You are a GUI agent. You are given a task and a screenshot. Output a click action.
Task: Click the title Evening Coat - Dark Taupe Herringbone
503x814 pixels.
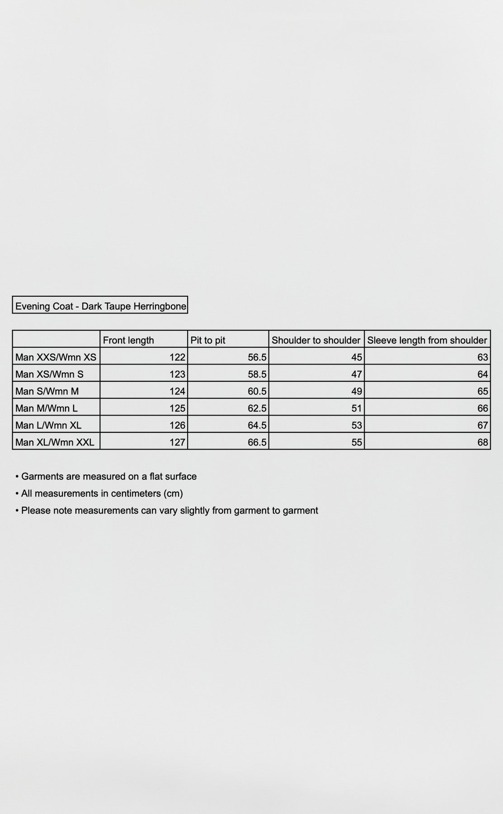pos(100,306)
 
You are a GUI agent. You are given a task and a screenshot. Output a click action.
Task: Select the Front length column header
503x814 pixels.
pos(128,340)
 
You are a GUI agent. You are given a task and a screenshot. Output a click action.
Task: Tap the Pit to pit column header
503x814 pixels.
pos(208,340)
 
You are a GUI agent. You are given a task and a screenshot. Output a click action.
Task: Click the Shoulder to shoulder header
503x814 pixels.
pos(316,340)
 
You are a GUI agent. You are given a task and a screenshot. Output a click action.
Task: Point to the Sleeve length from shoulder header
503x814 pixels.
pos(427,340)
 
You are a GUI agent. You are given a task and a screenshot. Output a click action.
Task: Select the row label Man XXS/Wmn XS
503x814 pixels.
pos(56,357)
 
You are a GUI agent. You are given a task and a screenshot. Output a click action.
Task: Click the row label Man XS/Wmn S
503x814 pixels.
pos(49,374)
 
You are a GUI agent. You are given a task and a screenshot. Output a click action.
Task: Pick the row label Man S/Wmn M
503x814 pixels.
pos(47,391)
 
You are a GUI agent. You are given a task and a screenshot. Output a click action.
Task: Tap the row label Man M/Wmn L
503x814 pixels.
pos(46,408)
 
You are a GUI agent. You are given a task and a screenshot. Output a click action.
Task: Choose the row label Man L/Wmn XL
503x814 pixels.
pos(48,425)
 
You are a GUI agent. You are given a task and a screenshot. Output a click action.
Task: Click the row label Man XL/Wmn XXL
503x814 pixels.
pos(55,442)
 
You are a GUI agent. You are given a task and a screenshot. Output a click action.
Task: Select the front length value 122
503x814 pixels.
pos(177,357)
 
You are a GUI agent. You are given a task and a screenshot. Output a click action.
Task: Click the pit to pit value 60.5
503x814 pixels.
pos(257,391)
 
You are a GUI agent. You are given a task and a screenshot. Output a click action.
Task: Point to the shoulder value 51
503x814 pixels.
pos(357,408)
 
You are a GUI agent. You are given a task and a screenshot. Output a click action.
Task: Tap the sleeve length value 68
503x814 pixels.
pos(483,442)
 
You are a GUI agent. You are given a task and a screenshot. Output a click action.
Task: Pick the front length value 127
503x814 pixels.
pos(177,442)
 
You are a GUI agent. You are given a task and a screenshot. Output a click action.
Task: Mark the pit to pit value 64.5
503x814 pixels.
pos(257,425)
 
